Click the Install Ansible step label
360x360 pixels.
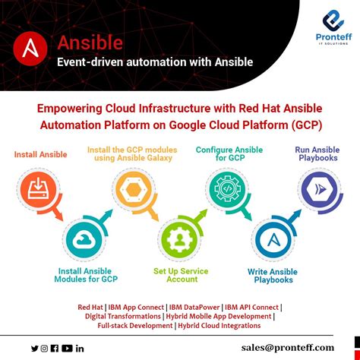pyautogui.click(x=40, y=155)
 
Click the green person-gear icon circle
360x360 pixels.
pyautogui.click(x=179, y=240)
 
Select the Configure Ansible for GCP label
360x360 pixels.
pyautogui.click(x=229, y=155)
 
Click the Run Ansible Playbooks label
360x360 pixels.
pyautogui.click(x=318, y=155)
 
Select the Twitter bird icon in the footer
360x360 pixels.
pyautogui.click(x=34, y=348)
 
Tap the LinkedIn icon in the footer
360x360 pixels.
pyautogui.click(x=81, y=348)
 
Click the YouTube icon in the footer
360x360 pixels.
pyautogui.click(x=68, y=348)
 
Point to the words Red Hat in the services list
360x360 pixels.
pyautogui.click(x=90, y=307)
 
